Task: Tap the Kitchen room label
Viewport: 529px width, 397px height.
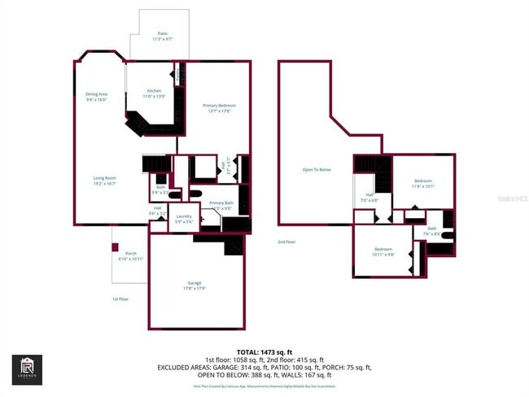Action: click(x=154, y=93)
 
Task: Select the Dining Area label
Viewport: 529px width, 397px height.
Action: click(x=97, y=96)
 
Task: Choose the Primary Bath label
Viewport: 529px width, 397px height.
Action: click(x=221, y=204)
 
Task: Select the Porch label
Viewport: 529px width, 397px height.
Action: click(x=130, y=255)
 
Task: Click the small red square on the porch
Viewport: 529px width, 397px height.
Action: click(x=116, y=247)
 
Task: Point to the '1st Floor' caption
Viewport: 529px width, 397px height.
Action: click(x=120, y=299)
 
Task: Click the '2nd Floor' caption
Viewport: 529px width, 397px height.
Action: click(x=286, y=242)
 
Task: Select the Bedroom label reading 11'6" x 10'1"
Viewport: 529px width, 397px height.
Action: click(x=422, y=183)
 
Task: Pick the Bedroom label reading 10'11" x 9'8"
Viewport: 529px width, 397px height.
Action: click(x=384, y=251)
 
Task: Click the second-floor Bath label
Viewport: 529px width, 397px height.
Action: click(x=432, y=231)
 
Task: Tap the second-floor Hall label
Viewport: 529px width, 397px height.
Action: click(x=369, y=197)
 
